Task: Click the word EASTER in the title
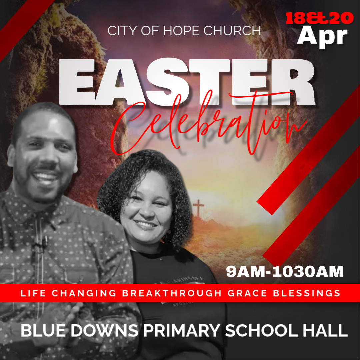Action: pos(187,82)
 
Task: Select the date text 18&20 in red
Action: pos(319,18)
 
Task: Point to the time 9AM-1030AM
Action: pos(285,272)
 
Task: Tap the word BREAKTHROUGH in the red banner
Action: pos(172,293)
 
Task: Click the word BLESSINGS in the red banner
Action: pos(307,293)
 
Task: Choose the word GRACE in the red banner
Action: pos(247,293)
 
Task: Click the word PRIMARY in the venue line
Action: pos(182,331)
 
